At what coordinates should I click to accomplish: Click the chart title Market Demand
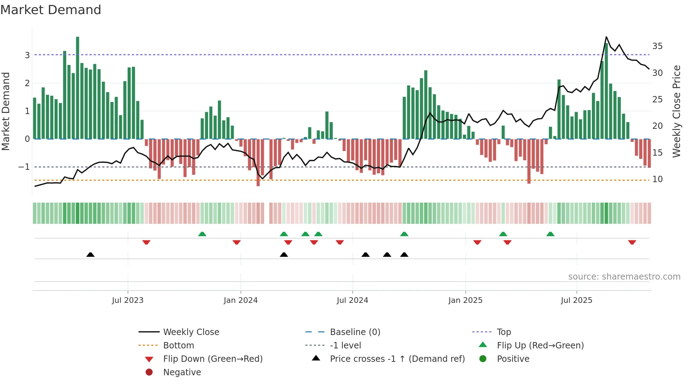coord(51,10)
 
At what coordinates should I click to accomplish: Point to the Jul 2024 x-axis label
coord(352,300)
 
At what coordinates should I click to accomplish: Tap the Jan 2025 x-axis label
coord(465,300)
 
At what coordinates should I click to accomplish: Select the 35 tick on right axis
coord(657,46)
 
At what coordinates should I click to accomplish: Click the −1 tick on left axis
coord(24,167)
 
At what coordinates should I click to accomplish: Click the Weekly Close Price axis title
coord(676,111)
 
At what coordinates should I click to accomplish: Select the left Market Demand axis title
coord(6,111)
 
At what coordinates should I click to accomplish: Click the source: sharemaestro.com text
coord(624,277)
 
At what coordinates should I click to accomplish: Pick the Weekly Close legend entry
coord(191,332)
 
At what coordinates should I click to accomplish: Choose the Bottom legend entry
coord(178,346)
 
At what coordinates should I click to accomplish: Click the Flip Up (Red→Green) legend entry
coord(540,346)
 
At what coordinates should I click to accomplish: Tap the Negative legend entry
coord(182,372)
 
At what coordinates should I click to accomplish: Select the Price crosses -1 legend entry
coord(397,359)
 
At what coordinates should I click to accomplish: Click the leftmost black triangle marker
coord(91,255)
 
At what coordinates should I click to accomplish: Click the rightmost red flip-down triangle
coord(632,242)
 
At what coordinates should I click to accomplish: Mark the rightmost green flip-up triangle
coord(550,234)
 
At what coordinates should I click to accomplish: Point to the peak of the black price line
coord(606,37)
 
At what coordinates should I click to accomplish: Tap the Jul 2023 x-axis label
coord(128,300)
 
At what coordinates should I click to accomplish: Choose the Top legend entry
coord(503,332)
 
